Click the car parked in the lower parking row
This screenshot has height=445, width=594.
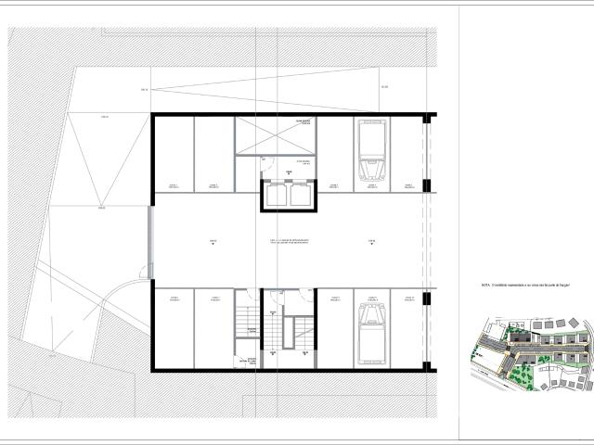(373, 330)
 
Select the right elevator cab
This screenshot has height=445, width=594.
(300, 196)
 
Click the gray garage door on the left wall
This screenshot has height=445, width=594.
(150, 241)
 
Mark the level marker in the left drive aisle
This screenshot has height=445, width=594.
(213, 243)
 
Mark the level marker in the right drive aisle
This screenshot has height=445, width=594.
(370, 243)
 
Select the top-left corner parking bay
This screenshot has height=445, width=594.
(174, 153)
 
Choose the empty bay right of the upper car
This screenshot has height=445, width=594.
(407, 153)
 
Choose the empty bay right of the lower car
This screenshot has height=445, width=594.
(407, 329)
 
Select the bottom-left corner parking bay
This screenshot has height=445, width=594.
(174, 329)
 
